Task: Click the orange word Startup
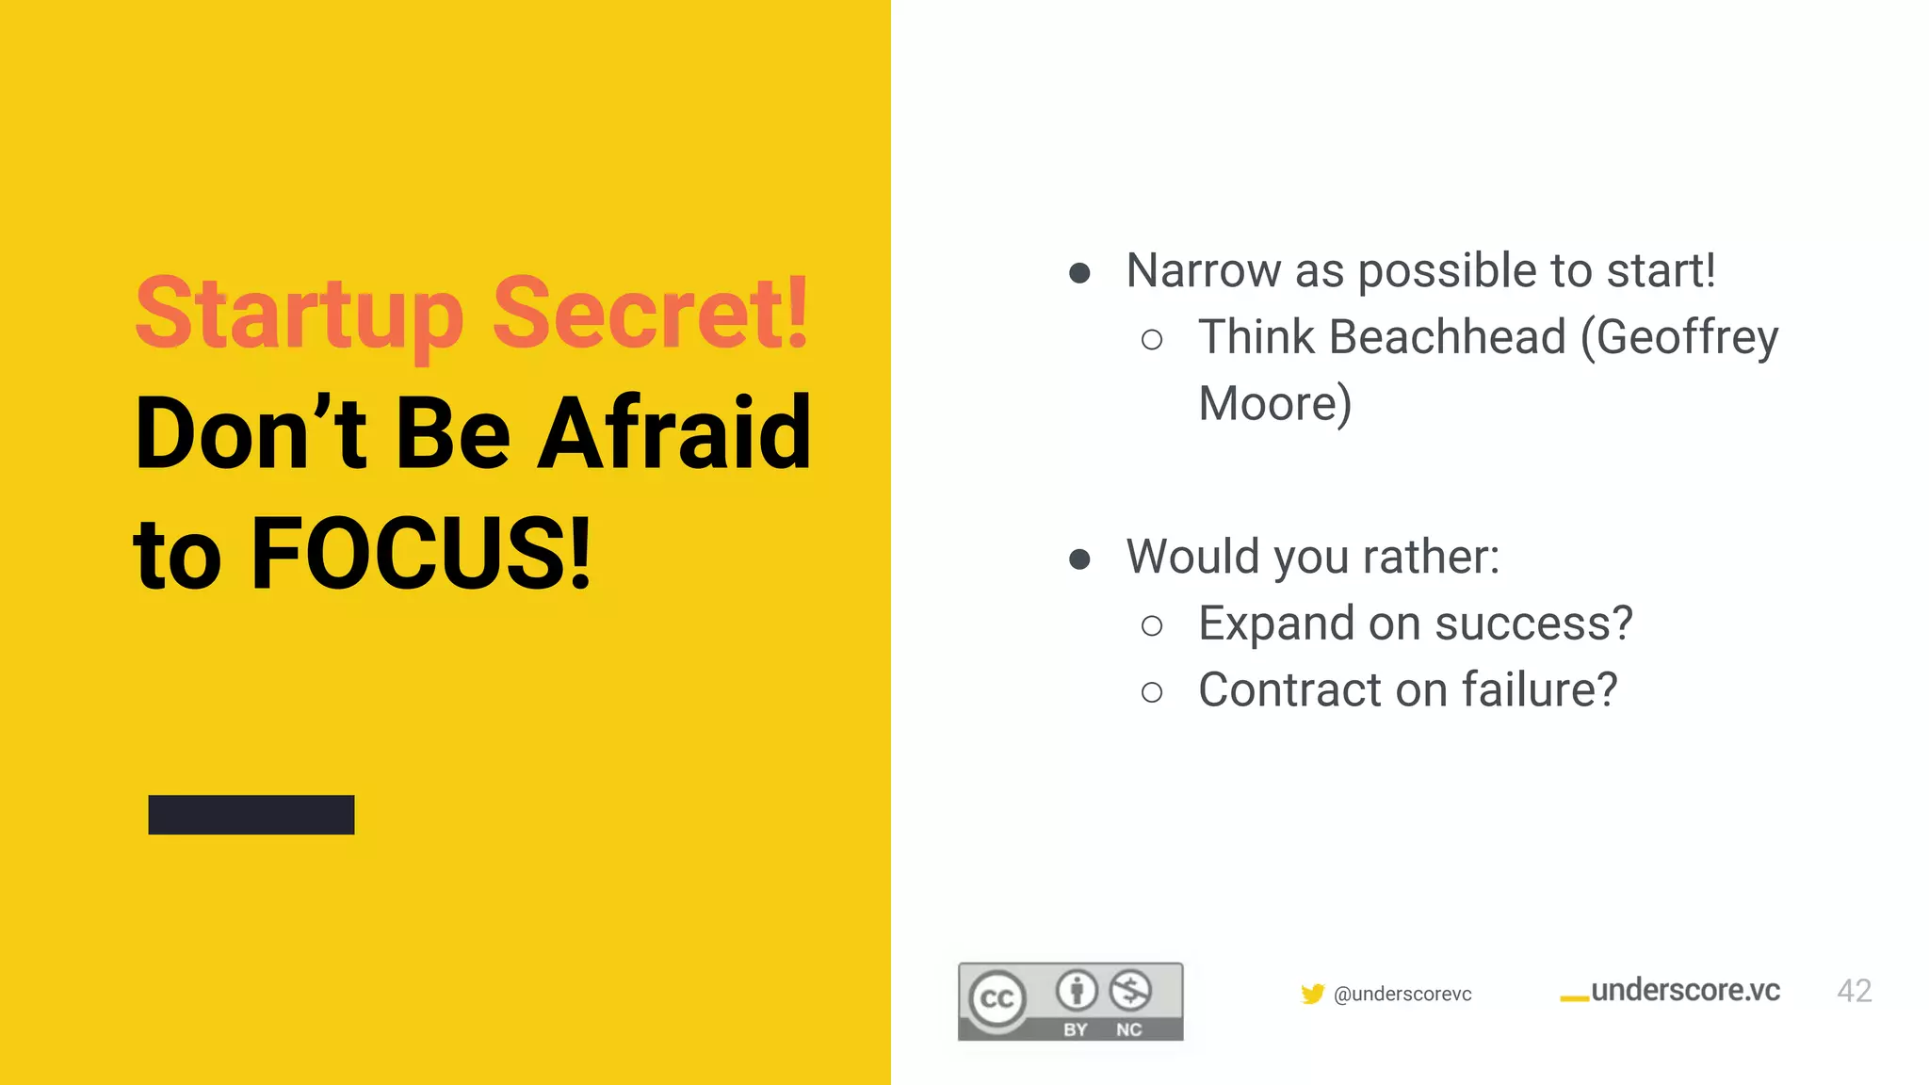(300, 315)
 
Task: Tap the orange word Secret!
(650, 313)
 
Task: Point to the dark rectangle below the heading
(251, 815)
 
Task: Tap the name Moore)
(1274, 404)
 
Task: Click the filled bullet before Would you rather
(1079, 559)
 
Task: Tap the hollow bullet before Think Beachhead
(1151, 340)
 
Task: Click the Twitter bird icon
(1312, 994)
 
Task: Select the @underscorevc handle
(1402, 995)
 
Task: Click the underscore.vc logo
(1671, 991)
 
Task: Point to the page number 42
(1854, 991)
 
